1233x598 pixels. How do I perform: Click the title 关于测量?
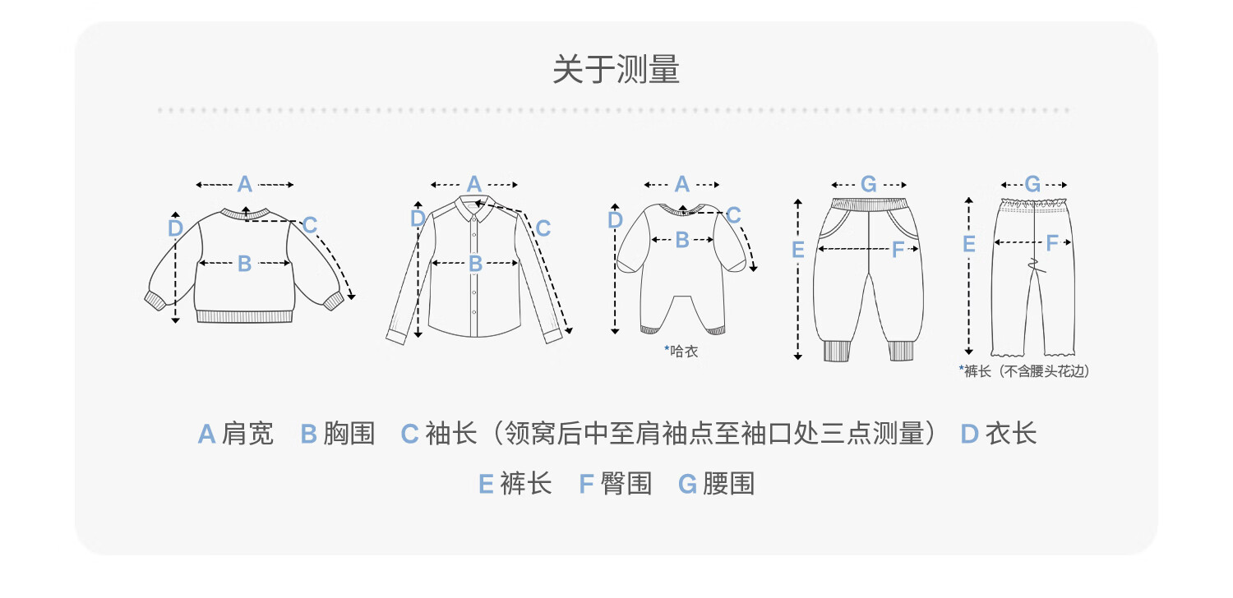[616, 69]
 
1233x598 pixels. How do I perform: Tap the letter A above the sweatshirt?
[244, 184]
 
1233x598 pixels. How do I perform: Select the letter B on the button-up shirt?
[476, 264]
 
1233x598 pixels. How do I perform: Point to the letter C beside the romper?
[733, 215]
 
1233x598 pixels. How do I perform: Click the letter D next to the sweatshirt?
[175, 228]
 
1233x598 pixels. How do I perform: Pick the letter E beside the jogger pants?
[797, 250]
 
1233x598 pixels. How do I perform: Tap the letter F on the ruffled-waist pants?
[1052, 242]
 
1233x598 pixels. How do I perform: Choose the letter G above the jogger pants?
[869, 184]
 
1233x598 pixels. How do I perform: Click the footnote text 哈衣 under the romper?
[684, 352]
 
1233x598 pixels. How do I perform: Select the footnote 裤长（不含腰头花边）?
[1027, 371]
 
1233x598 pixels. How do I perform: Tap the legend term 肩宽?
[247, 434]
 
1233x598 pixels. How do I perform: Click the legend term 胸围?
[349, 434]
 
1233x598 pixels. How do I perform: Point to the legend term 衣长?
[1011, 434]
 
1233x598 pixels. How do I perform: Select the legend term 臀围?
[626, 484]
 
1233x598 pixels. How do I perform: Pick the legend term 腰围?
[729, 484]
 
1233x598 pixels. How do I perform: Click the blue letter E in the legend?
[486, 485]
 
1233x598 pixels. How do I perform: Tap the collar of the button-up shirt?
[474, 207]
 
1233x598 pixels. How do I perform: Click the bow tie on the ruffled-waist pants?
[1036, 265]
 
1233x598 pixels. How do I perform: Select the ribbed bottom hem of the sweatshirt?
[244, 316]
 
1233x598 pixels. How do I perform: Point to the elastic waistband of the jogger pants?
[869, 205]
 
